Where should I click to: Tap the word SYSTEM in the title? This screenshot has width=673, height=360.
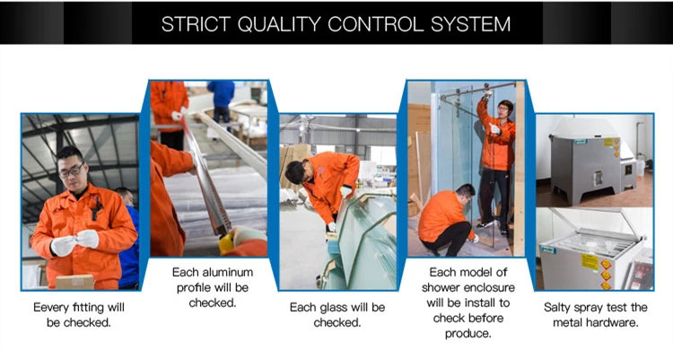tap(471, 24)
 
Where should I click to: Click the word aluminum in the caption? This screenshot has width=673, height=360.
tap(227, 272)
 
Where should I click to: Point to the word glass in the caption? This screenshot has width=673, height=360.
tap(337, 308)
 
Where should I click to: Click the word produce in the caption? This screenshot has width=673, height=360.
tap(468, 334)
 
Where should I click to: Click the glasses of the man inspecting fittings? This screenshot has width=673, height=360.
tap(71, 171)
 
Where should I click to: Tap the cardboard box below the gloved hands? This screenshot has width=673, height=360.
tap(74, 282)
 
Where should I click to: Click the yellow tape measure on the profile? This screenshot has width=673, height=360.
tap(226, 243)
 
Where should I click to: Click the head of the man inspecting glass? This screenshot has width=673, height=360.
tap(297, 171)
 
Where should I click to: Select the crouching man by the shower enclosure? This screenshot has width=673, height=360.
tap(447, 220)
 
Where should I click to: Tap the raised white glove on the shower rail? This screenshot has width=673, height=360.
tap(487, 94)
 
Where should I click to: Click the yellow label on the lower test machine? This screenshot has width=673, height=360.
tap(590, 261)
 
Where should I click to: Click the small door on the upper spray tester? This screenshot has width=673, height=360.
tap(598, 179)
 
